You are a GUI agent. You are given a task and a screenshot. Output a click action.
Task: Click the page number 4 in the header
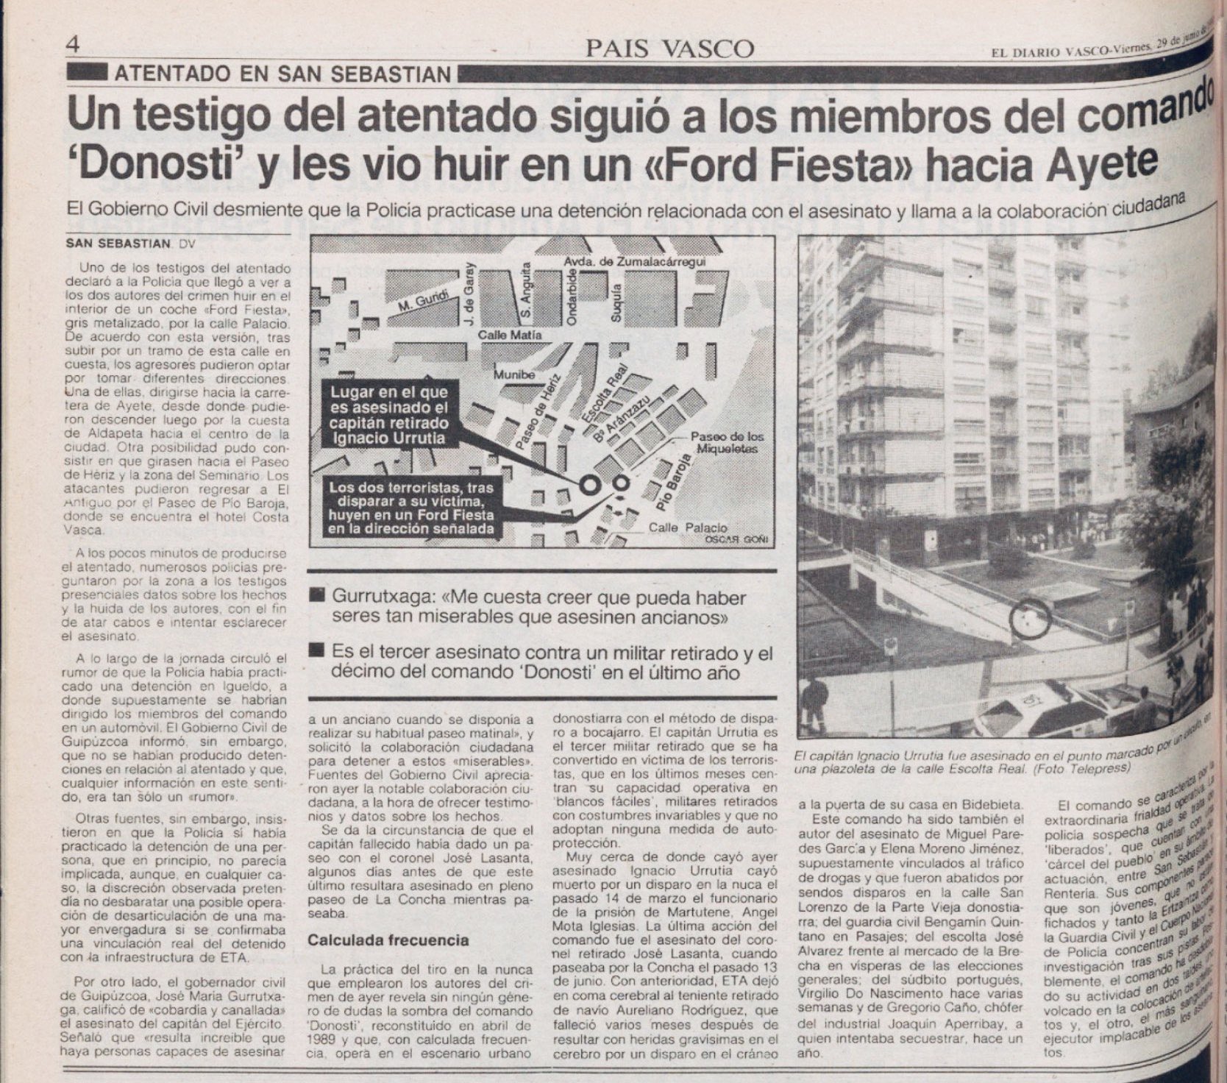tap(72, 44)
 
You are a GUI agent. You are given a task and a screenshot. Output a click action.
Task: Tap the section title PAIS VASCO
tap(670, 49)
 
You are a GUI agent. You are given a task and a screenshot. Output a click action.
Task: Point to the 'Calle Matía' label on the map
tap(510, 335)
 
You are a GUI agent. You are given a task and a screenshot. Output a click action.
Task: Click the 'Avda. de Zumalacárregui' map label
tap(635, 263)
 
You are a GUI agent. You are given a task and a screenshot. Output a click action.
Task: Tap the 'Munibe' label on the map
tap(514, 374)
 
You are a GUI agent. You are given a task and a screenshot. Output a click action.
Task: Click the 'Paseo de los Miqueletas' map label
tap(723, 442)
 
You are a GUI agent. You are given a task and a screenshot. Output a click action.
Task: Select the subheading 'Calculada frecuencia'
tap(388, 940)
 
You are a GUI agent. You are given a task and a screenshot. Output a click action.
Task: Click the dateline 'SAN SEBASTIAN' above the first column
tap(118, 244)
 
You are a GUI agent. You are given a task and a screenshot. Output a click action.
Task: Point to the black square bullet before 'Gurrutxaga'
tap(318, 595)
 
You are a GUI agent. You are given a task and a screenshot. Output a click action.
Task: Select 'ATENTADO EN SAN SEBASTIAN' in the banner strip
tap(282, 74)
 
